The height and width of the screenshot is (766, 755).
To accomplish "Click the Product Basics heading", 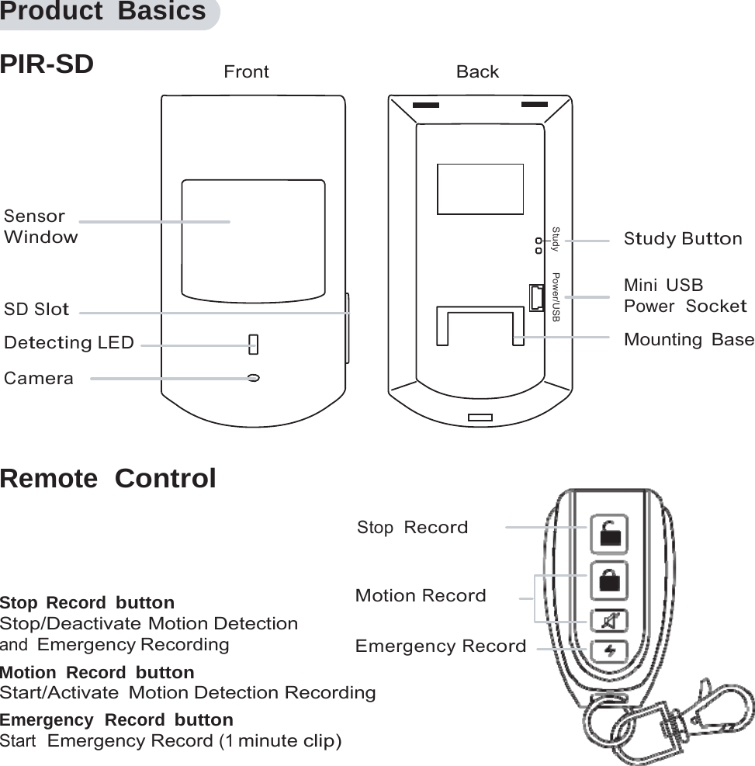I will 103,12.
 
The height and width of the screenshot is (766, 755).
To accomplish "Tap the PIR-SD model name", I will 47,64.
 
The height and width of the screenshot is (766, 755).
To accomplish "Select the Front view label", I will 246,72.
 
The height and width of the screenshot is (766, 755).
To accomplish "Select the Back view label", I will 477,72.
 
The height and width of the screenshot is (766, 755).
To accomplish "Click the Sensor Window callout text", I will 41,227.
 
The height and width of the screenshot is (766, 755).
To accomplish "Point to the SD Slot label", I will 36,310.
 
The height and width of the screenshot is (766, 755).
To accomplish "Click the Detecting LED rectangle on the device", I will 253,344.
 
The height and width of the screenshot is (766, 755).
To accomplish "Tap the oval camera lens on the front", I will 253,378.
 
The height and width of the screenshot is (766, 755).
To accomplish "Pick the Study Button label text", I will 683,239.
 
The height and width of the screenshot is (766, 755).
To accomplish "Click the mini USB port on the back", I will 536,298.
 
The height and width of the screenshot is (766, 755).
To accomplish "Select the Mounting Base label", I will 688,340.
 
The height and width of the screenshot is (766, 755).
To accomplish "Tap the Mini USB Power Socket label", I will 684,296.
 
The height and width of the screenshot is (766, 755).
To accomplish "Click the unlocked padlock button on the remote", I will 610,535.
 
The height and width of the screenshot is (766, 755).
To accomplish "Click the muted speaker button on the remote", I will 610,622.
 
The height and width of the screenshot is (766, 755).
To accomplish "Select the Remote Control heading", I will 108,479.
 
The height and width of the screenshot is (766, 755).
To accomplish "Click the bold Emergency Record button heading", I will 116,719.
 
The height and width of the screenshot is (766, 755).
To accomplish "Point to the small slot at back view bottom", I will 480,418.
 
